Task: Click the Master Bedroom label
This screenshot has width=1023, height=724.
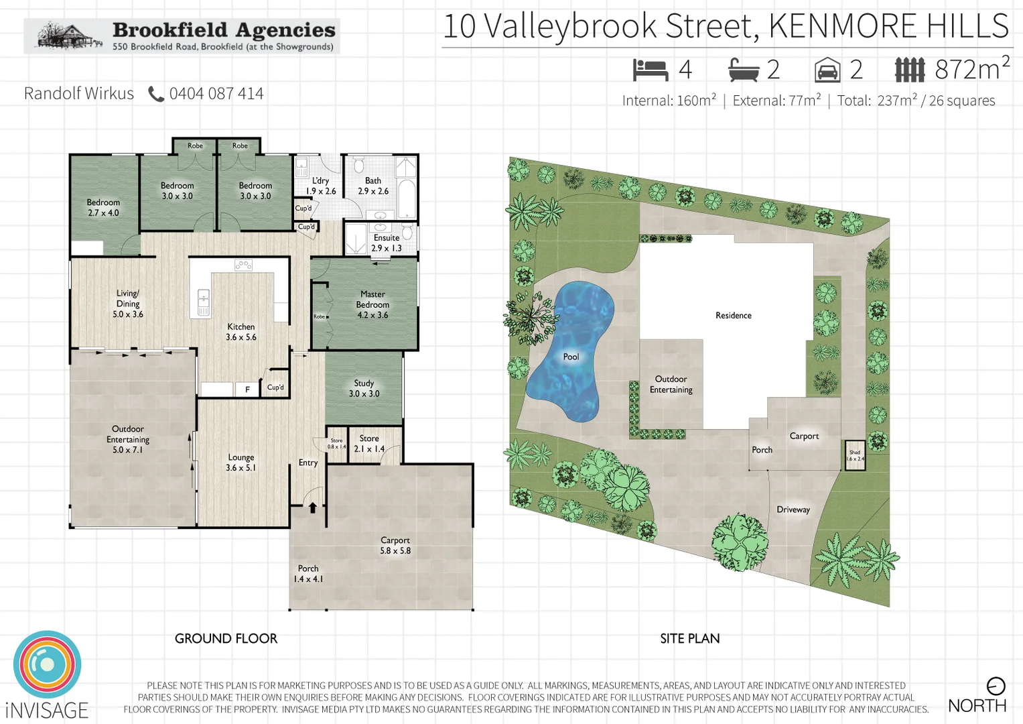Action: click(x=372, y=304)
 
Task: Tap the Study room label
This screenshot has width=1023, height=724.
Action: click(x=364, y=388)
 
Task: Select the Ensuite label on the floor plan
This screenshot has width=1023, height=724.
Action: click(x=387, y=243)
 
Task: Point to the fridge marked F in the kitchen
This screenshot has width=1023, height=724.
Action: click(x=247, y=389)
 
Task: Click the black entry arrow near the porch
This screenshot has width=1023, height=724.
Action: click(x=312, y=507)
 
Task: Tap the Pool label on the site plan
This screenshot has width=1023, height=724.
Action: click(x=571, y=357)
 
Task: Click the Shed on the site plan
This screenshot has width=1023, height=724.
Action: click(x=855, y=455)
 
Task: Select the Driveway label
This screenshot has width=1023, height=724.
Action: click(x=793, y=509)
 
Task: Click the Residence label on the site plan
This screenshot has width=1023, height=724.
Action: click(x=733, y=315)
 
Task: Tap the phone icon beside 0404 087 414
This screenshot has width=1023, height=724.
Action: click(x=155, y=94)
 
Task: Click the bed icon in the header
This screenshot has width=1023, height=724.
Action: click(x=650, y=70)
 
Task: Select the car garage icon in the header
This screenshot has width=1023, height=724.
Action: click(x=827, y=70)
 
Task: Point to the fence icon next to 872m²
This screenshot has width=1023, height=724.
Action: click(x=909, y=70)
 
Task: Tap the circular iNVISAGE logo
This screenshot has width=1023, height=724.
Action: click(x=47, y=664)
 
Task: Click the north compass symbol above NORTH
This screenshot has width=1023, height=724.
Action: click(x=996, y=686)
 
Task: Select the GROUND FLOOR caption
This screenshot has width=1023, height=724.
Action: click(x=226, y=638)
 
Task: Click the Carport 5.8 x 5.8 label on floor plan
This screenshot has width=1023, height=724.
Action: click(x=395, y=545)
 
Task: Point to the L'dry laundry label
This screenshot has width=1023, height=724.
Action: click(x=321, y=186)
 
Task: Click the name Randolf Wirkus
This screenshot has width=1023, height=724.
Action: click(x=79, y=94)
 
